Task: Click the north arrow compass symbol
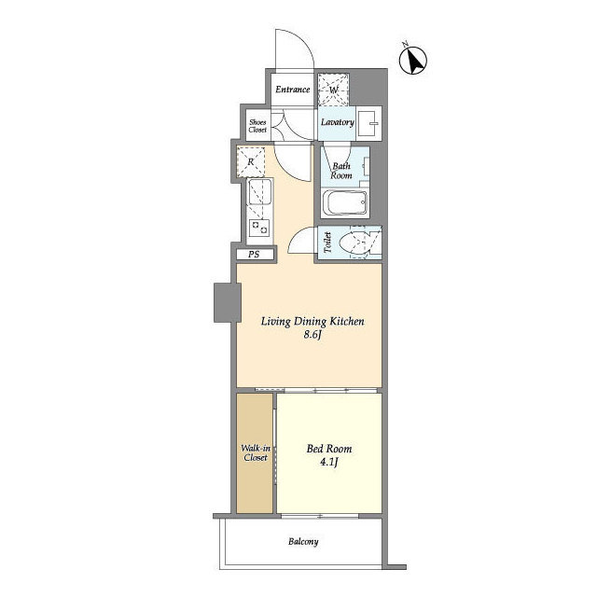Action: tap(413, 60)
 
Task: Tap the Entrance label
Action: tap(292, 90)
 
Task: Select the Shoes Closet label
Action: tap(257, 126)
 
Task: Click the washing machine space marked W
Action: tap(334, 90)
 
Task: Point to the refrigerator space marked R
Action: tap(251, 161)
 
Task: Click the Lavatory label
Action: tap(338, 122)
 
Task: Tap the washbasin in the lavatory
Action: tap(369, 123)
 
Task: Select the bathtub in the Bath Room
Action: tap(344, 202)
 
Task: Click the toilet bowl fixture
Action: tap(354, 243)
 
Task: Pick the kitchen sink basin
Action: tap(260, 192)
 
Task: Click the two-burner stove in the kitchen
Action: tap(259, 228)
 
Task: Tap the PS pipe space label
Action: tap(254, 255)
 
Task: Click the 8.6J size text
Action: tap(312, 335)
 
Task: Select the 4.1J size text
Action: tap(329, 463)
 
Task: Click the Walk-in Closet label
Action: tap(256, 452)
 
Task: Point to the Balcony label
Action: tap(303, 541)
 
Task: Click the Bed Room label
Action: tap(329, 449)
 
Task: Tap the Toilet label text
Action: tap(327, 243)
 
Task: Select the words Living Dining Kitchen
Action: tap(312, 322)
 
